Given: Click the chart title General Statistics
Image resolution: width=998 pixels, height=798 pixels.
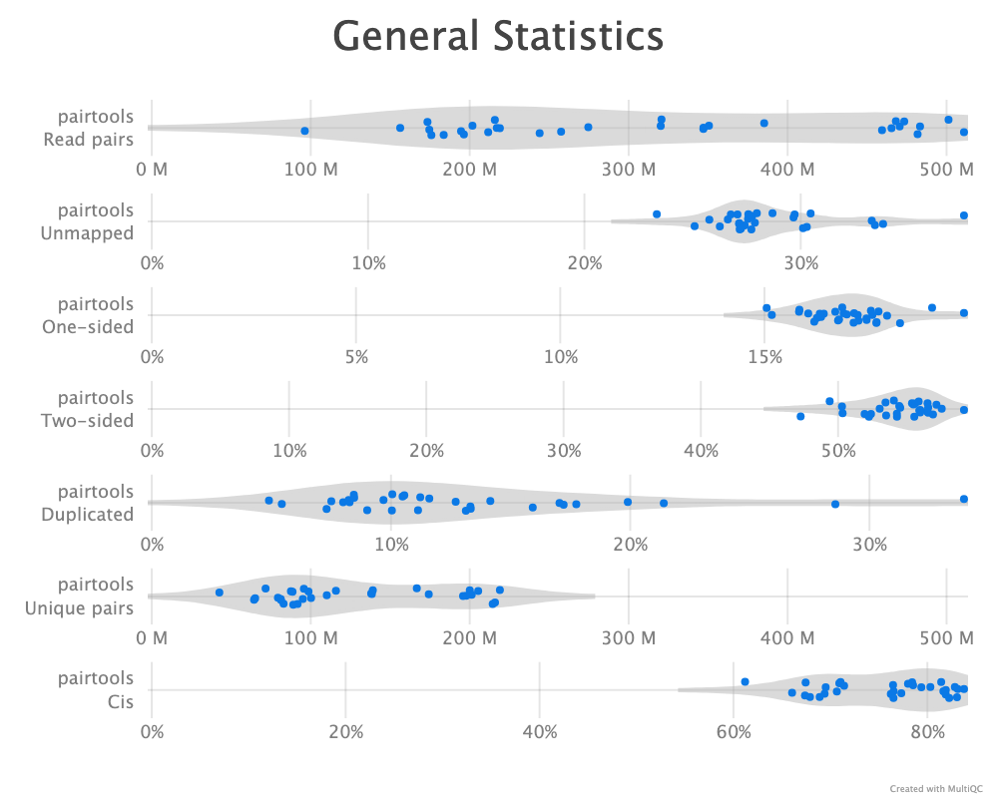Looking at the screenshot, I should (498, 37).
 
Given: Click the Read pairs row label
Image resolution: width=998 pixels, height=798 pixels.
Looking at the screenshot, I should (88, 129).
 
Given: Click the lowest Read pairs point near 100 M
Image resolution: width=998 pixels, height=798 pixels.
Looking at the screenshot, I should (304, 131).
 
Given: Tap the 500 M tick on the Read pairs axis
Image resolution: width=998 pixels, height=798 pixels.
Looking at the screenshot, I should (944, 168).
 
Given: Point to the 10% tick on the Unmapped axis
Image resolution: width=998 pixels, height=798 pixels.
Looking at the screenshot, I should (368, 262).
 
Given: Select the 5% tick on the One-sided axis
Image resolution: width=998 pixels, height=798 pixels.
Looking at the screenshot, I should (356, 356).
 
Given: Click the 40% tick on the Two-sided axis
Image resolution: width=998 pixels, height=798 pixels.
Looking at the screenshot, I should (701, 450).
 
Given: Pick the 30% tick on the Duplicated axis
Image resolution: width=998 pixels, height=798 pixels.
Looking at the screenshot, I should (870, 544).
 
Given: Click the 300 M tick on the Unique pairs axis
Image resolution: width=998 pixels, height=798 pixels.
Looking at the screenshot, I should (629, 637).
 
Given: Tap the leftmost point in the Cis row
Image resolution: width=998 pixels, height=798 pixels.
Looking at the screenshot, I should (745, 682).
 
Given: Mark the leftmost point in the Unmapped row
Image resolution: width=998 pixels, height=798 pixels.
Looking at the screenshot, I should (657, 214).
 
